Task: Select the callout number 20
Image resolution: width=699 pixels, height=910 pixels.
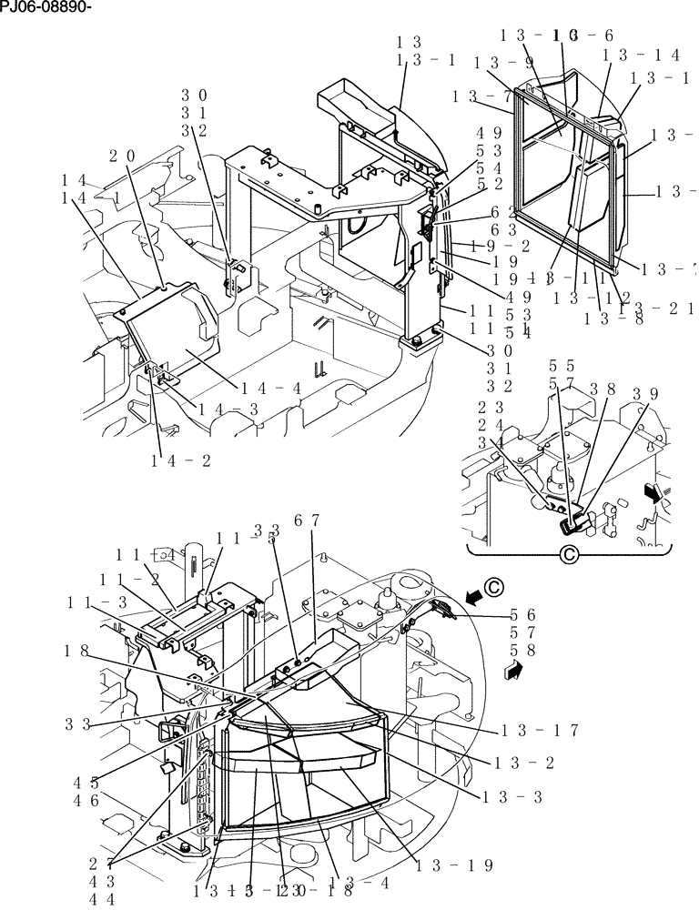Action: (x=124, y=156)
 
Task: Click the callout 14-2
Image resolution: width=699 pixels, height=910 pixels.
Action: (x=181, y=460)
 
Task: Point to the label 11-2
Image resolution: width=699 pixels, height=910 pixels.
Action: (x=137, y=579)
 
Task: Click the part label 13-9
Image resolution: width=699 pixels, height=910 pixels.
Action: (x=502, y=63)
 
